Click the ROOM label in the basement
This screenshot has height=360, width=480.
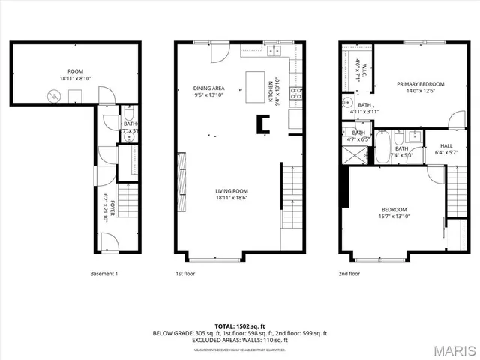[x=75, y=71]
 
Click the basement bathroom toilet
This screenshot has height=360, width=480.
[x=128, y=115]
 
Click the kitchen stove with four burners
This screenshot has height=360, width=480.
[x=296, y=94]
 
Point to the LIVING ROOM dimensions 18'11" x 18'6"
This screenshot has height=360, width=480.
[x=231, y=197]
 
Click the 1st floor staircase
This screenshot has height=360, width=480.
[x=292, y=190]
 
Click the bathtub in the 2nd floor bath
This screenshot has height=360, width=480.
[x=382, y=148]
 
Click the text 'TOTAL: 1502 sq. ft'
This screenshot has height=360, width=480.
[x=240, y=326]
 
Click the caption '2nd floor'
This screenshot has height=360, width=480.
[x=349, y=274]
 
